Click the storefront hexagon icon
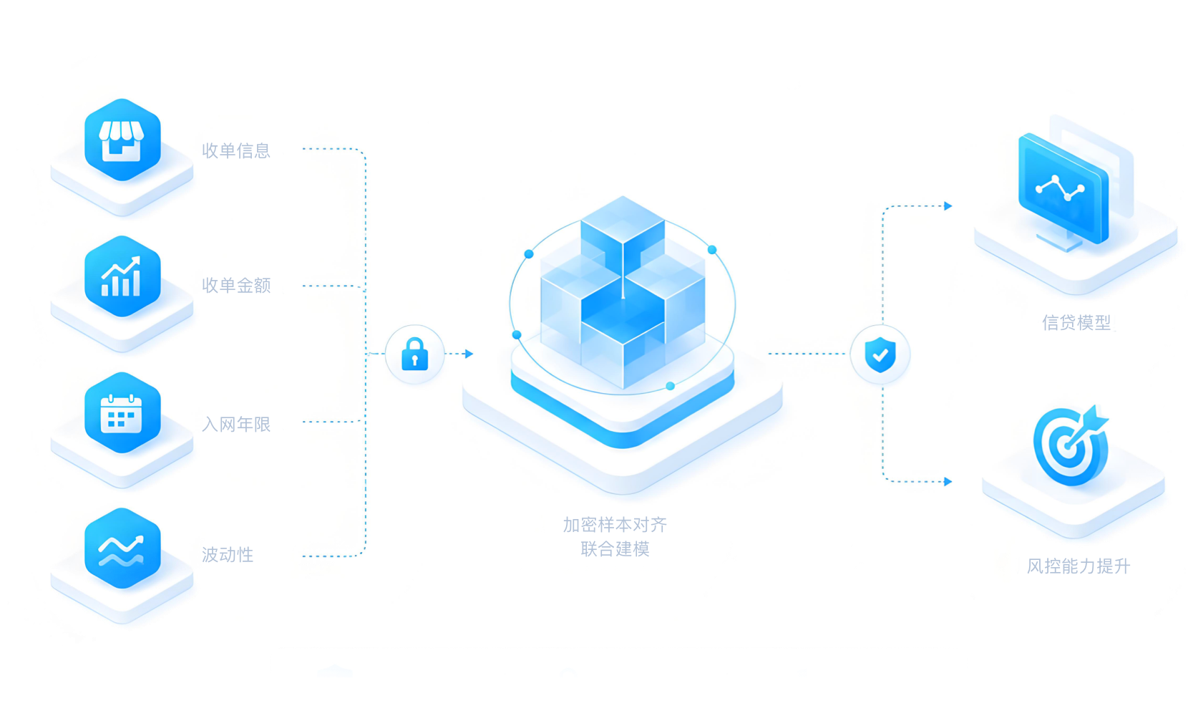pos(122,140)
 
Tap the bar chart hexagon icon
pos(122,276)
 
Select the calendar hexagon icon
pos(122,413)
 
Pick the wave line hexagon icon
pos(122,548)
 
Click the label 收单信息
pos(237,151)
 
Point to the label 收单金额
pos(237,286)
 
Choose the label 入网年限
pos(237,424)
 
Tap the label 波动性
pos(228,555)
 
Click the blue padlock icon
pos(415,354)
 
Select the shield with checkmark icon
pos(880,354)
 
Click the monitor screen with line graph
pos(1063,188)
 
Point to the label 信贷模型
pos(1076,322)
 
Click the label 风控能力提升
pos(1079,566)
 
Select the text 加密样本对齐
pos(615,525)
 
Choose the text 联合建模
pos(615,548)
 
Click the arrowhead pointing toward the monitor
pos(948,206)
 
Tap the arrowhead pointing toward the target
pos(948,481)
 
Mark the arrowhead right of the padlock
pos(469,354)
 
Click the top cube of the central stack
pos(623,229)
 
